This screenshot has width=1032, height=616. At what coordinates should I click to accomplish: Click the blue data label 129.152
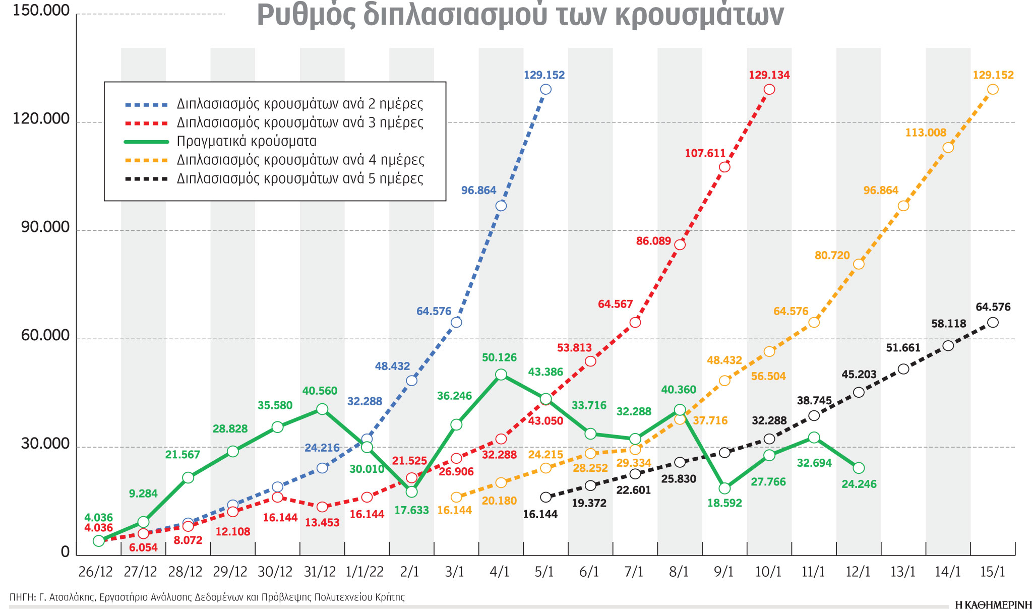tap(544, 75)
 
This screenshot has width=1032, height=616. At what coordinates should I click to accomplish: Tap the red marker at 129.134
tap(769, 89)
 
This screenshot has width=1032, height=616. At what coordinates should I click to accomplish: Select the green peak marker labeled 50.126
tap(501, 374)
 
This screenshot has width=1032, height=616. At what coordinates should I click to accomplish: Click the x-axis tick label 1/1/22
tap(365, 572)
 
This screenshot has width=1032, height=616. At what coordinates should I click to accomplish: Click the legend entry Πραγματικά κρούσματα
tap(246, 141)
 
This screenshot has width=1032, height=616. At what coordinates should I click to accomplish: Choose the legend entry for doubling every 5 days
tap(300, 178)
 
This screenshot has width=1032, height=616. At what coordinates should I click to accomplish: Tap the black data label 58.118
tap(948, 324)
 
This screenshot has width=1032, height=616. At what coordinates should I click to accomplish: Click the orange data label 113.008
tap(926, 133)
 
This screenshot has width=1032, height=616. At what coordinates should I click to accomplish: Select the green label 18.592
tap(724, 503)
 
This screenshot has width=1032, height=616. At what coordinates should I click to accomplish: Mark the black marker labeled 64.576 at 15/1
tap(993, 322)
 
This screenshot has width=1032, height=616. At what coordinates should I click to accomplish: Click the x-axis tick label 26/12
tap(96, 572)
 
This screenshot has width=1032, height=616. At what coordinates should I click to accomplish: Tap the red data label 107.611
tap(705, 153)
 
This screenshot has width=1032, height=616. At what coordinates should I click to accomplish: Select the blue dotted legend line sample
tap(146, 104)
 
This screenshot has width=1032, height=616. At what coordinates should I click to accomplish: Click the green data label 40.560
tap(320, 391)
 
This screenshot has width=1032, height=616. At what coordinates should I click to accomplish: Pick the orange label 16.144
tap(454, 510)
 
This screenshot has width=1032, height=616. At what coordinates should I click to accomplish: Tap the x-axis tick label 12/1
tap(858, 572)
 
